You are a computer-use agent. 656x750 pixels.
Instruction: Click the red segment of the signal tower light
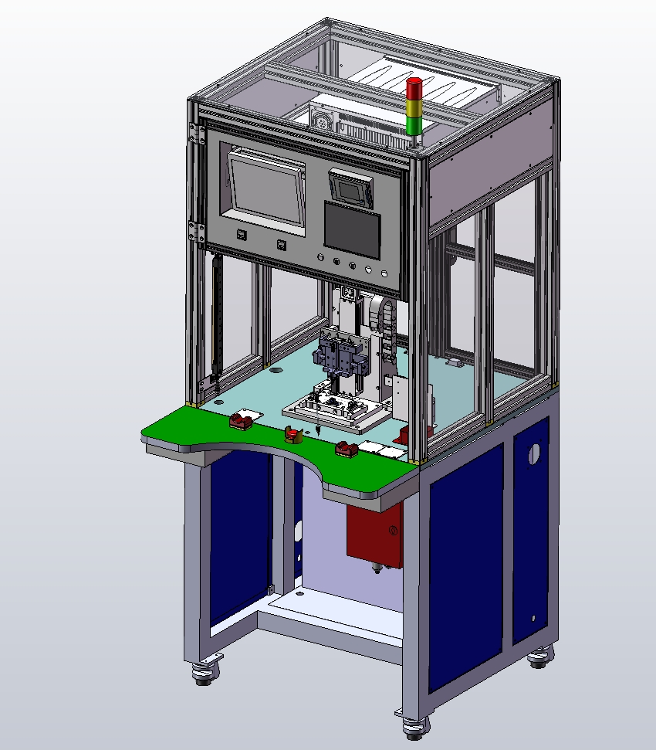point(414,88)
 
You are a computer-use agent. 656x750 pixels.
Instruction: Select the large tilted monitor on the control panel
point(265,185)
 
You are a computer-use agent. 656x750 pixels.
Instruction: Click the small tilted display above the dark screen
point(351,187)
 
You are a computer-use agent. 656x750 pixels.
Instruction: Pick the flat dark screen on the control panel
point(352,229)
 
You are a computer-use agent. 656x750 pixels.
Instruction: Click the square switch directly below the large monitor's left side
point(241,235)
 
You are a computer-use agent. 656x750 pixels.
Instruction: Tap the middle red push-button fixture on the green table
point(291,436)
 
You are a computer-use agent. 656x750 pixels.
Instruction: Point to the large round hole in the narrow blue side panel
point(532,454)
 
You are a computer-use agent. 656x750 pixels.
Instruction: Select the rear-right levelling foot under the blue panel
point(539,658)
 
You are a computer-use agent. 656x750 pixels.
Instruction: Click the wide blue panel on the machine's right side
point(465,564)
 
